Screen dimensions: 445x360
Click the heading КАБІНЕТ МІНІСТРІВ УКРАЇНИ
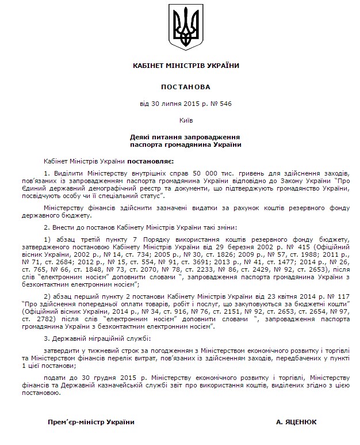pyautogui.click(x=185, y=66)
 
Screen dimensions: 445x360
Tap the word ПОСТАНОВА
pyautogui.click(x=185, y=87)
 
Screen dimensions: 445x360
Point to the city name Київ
pyautogui.click(x=185, y=120)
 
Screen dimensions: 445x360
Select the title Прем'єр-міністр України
pyautogui.click(x=91, y=422)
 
